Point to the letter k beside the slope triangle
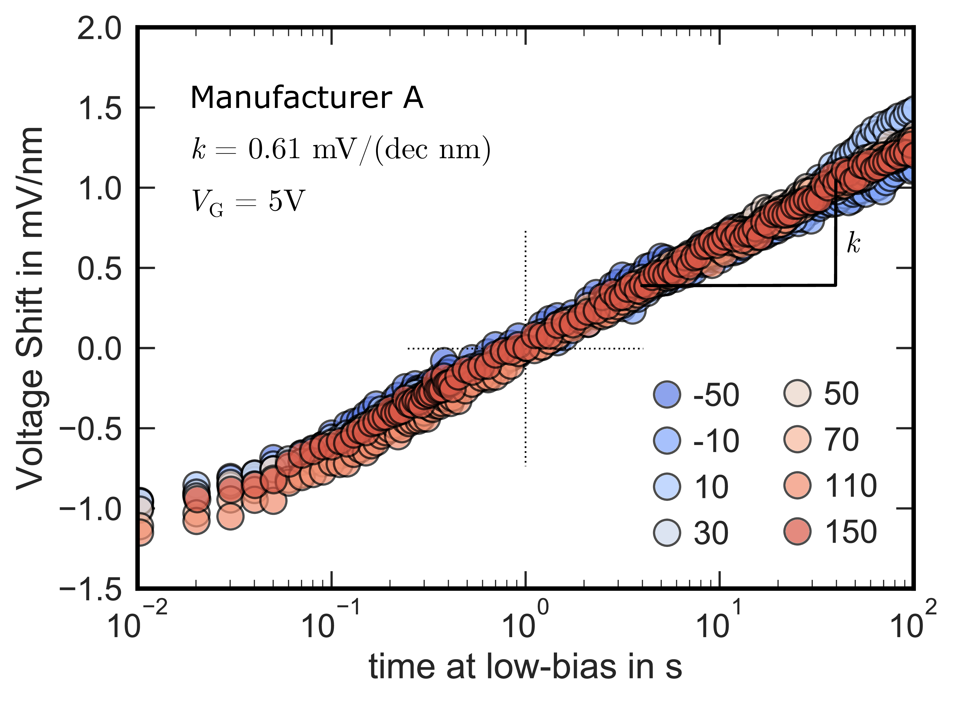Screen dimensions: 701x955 [853, 243]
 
